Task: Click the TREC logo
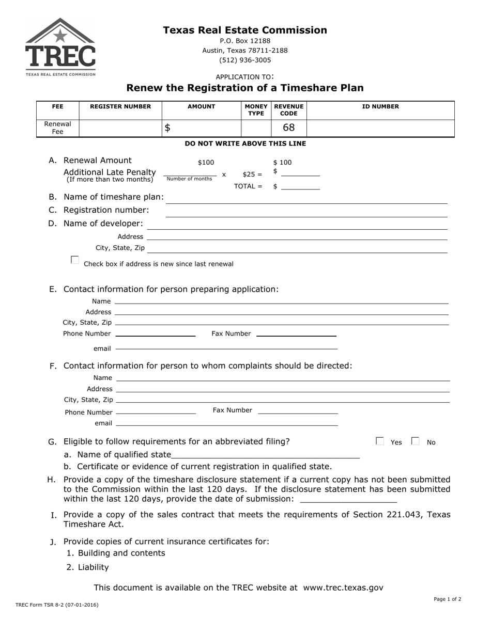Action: point(60,47)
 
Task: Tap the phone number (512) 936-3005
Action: point(245,60)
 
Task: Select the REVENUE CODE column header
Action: point(289,110)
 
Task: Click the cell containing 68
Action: point(288,128)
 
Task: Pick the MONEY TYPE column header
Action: point(256,110)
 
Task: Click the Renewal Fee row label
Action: point(57,128)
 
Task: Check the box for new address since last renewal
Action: point(75,260)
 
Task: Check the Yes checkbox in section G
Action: point(380,441)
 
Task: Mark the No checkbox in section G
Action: point(415,441)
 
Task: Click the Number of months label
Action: point(189,179)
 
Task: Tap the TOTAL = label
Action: point(248,186)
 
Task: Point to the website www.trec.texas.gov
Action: point(343,588)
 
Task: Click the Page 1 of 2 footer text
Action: point(448,599)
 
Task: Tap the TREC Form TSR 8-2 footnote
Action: point(57,605)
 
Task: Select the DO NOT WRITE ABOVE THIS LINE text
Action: point(245,144)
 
